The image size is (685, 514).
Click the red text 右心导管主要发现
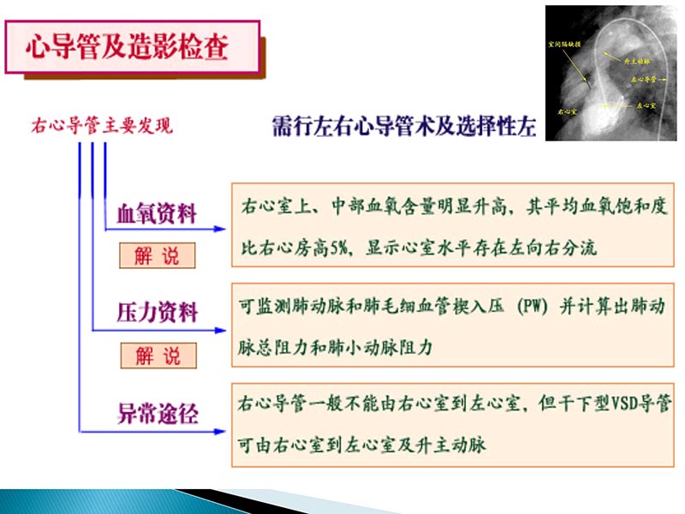click(101, 127)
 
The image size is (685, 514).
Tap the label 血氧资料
click(157, 214)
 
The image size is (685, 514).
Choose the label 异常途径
click(157, 415)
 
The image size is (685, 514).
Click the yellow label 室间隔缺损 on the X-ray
click(562, 41)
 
